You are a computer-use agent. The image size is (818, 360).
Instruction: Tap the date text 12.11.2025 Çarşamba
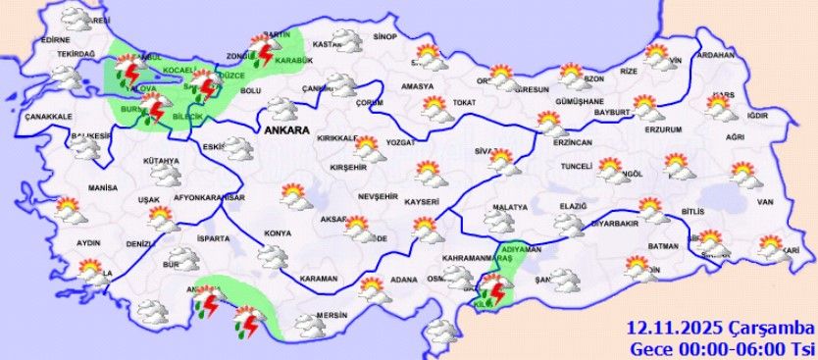point(721,327)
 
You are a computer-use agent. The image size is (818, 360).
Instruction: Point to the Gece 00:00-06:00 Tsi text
point(721,347)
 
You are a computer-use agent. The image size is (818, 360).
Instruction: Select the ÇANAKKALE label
point(46,117)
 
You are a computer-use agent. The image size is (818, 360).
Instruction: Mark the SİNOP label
point(384,37)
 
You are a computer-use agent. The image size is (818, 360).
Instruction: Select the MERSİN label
point(333,316)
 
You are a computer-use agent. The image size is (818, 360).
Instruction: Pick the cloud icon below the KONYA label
point(272,256)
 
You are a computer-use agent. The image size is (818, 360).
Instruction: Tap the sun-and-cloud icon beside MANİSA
point(70,209)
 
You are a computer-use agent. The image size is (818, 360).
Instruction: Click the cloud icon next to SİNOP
point(345,39)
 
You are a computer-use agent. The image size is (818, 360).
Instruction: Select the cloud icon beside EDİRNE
point(72,19)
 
